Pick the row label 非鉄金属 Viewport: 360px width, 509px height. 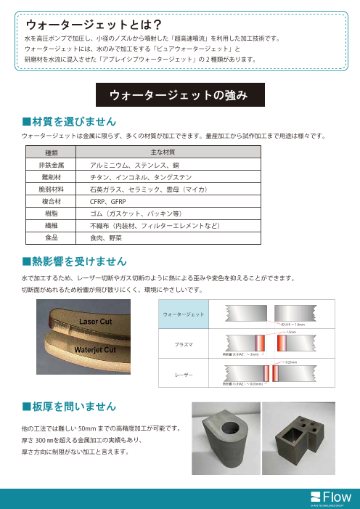click(x=52, y=165)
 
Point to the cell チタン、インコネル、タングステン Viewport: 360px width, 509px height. click(x=135, y=176)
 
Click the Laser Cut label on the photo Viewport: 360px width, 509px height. click(x=94, y=320)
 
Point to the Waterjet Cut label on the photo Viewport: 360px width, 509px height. click(x=96, y=349)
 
